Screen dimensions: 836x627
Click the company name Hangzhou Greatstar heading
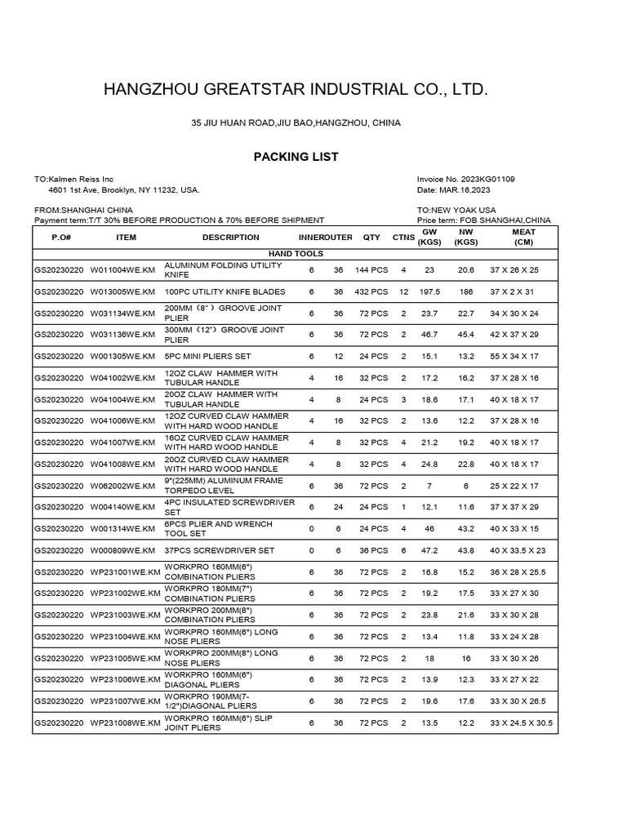coord(296,89)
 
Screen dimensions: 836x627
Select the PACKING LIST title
coord(296,157)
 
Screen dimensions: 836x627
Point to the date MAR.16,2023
coord(465,190)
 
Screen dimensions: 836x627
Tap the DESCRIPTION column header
coord(230,238)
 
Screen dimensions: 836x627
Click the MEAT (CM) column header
coord(523,238)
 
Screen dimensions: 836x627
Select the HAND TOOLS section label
coord(296,255)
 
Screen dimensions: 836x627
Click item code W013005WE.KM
coord(122,292)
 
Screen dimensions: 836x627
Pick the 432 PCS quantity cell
coord(371,292)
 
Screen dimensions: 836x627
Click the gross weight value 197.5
coord(429,292)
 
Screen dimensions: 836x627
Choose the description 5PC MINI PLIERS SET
coord(207,357)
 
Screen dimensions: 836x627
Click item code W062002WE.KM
coord(122,486)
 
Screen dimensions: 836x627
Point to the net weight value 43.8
coord(465,551)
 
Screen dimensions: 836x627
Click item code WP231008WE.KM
coord(125,723)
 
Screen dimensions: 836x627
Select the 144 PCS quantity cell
coord(371,270)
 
